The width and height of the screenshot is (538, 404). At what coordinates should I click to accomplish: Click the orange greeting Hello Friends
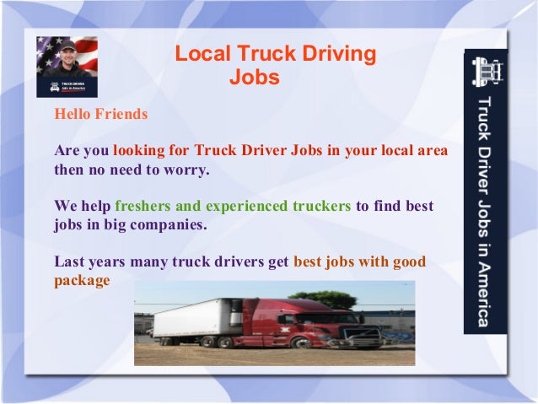click(x=100, y=113)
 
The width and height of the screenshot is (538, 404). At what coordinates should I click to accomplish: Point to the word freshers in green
click(x=144, y=206)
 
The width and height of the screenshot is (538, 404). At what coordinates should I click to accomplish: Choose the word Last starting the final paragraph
click(x=68, y=261)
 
